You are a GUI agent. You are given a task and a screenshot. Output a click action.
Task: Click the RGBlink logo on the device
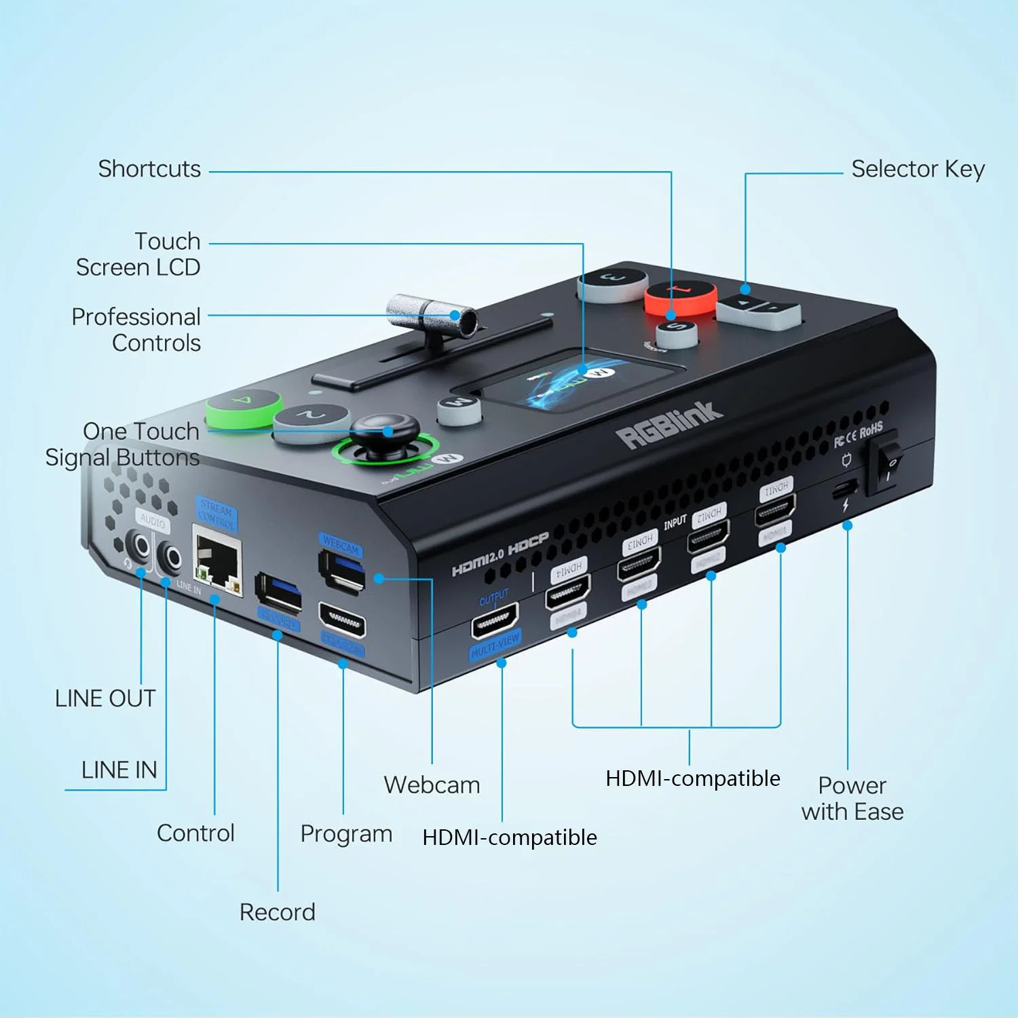(x=668, y=426)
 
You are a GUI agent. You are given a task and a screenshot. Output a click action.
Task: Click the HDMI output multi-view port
(x=495, y=620)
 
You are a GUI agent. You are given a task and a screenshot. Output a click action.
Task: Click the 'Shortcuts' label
(x=149, y=169)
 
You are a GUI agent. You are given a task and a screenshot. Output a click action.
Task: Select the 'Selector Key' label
(x=918, y=169)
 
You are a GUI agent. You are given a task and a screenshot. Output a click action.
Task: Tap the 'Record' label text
(x=277, y=912)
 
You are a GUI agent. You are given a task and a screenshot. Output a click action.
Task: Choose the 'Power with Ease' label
(x=852, y=798)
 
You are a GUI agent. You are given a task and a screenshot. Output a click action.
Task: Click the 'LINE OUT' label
(x=105, y=698)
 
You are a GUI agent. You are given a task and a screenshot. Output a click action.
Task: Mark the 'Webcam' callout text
(x=432, y=785)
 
